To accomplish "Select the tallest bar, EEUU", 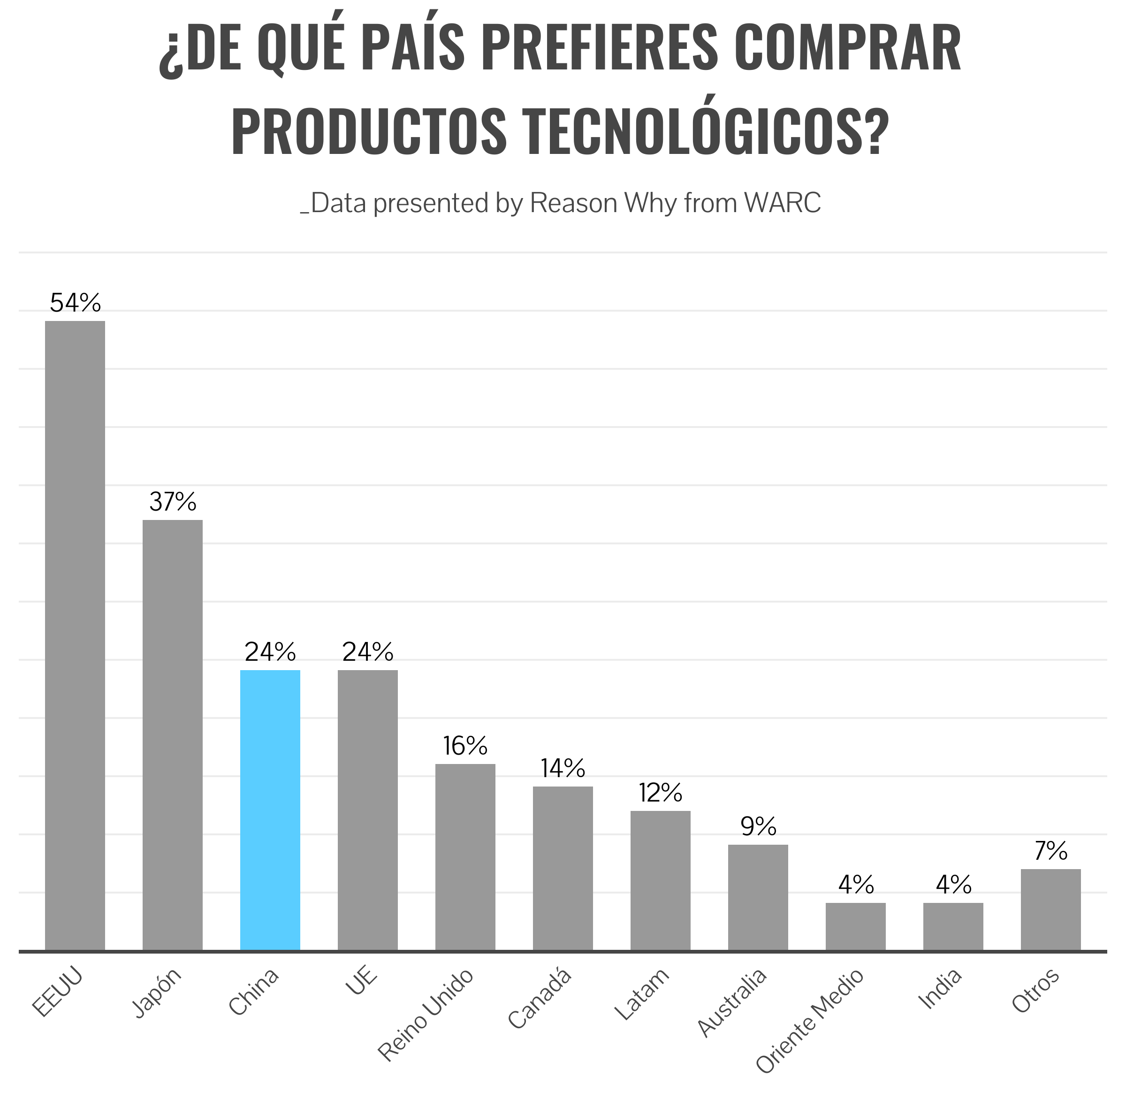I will [x=75, y=635].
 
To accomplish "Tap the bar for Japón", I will [x=173, y=735].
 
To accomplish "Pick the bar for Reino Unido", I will [x=465, y=857].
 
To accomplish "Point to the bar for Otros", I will [x=1050, y=909].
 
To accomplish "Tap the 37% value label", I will [x=173, y=502].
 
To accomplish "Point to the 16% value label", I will [x=465, y=746].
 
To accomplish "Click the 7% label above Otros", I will [x=1050, y=851].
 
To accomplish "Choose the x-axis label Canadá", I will [x=540, y=998].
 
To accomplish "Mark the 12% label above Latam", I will [x=660, y=793].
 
